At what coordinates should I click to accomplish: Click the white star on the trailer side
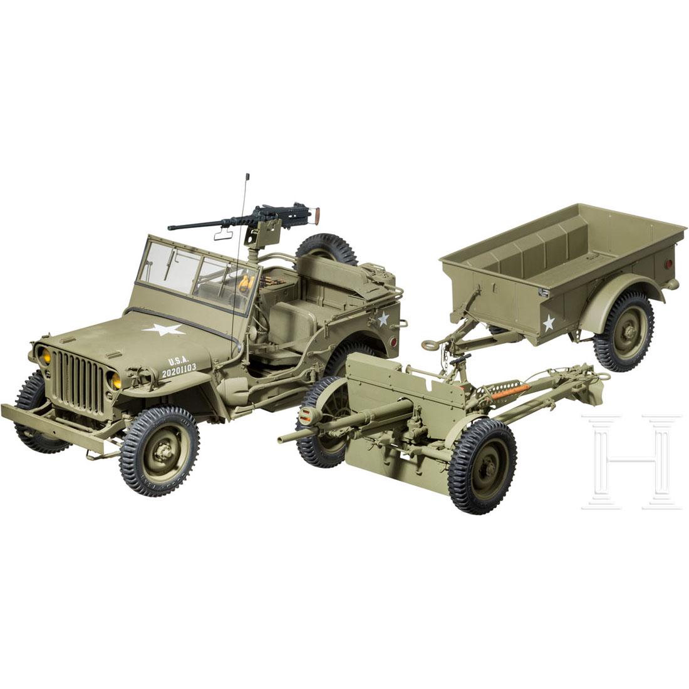(549, 323)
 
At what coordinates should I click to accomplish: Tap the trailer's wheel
(623, 332)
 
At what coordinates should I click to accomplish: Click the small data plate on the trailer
(542, 293)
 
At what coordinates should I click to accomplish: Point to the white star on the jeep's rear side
(383, 318)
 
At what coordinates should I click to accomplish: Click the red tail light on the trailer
(667, 264)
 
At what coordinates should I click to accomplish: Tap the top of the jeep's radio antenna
(247, 175)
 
